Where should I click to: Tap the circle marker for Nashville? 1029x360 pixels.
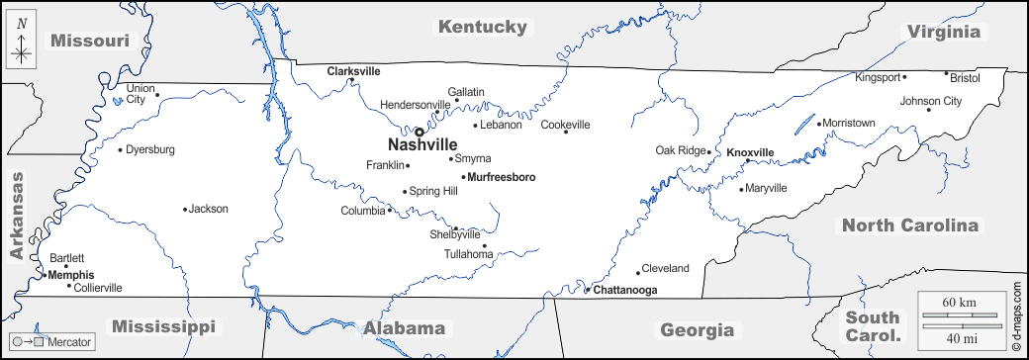tap(419, 131)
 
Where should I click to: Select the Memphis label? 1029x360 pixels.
tap(71, 275)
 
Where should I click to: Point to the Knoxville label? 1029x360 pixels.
tap(749, 152)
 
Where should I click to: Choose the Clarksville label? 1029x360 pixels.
tap(353, 71)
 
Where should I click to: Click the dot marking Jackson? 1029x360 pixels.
tap(185, 209)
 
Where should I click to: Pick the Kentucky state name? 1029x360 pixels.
tap(483, 27)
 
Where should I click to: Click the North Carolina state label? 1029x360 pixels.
tap(909, 225)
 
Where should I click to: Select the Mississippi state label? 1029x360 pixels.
tap(163, 326)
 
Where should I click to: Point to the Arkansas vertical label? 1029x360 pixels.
tap(16, 215)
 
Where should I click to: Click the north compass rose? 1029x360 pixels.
tap(21, 45)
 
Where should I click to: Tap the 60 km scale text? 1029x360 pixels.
tap(959, 301)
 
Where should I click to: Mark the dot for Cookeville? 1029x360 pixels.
tap(566, 132)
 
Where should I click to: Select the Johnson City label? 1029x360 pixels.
tap(930, 101)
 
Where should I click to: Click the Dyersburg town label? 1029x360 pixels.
tap(151, 149)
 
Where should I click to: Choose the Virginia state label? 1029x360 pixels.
tap(944, 32)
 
